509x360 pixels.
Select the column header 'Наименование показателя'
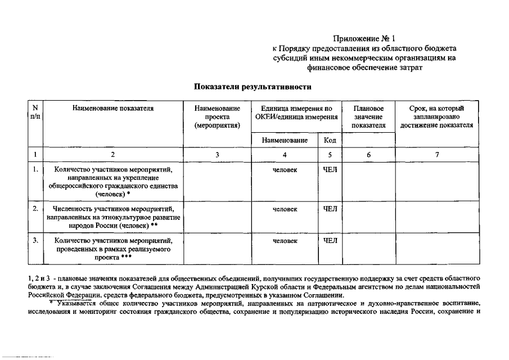click(112, 107)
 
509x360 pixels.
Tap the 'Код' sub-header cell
click(330, 140)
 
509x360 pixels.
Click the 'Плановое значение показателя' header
click(368, 116)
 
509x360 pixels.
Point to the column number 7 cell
click(436, 155)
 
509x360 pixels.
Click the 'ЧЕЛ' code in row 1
click(330, 169)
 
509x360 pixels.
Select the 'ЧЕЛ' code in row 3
click(330, 241)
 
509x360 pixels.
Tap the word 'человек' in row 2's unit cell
click(285, 209)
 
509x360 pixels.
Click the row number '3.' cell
click(35, 241)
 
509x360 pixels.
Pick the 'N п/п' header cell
click(35, 111)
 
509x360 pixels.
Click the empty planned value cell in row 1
click(368, 181)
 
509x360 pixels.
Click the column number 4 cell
click(285, 155)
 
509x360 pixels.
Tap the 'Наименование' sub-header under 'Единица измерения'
click(285, 140)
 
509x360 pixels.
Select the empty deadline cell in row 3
click(436, 248)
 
